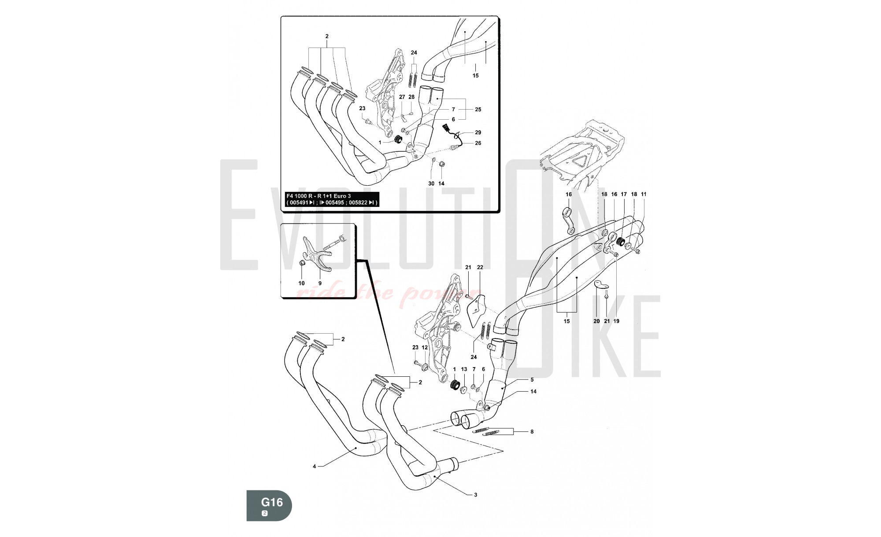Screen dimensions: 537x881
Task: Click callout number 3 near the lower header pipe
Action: point(475,495)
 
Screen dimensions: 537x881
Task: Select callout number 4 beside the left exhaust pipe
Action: point(314,467)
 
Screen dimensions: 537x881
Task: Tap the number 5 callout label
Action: point(532,380)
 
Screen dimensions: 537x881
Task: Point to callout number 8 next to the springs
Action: point(532,432)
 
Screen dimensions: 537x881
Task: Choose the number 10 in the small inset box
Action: point(301,283)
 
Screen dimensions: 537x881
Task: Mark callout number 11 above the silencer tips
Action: point(644,194)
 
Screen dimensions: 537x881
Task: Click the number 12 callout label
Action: point(425,348)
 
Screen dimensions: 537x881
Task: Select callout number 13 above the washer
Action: point(464,369)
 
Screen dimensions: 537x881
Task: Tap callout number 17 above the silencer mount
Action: point(624,194)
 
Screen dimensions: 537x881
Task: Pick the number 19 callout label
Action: point(616,321)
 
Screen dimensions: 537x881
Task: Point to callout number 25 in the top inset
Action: point(478,110)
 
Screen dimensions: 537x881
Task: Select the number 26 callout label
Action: point(478,143)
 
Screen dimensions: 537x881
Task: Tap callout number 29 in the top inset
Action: point(478,132)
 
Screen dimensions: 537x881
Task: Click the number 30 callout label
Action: point(431,184)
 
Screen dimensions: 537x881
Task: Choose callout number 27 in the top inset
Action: point(402,97)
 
